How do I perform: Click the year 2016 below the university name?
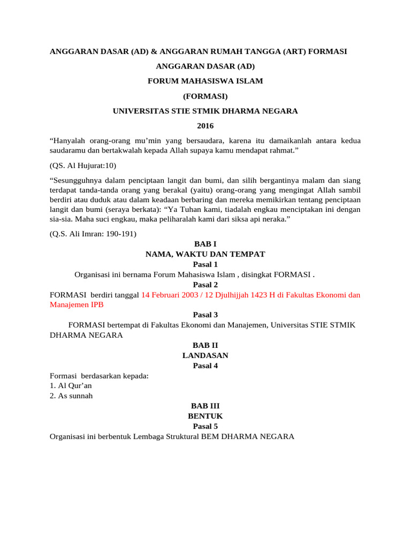tap(205, 126)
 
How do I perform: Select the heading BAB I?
tap(205, 243)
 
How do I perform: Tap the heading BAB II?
tap(205, 345)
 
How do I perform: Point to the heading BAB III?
tap(205, 406)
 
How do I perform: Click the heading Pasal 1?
tap(205, 264)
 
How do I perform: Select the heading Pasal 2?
tap(205, 284)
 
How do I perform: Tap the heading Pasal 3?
tap(205, 315)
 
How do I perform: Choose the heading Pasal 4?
tap(205, 366)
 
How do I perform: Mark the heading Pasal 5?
tap(205, 427)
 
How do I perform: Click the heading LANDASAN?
tap(205, 355)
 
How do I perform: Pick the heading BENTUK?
tap(205, 416)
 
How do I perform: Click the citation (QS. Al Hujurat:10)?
tap(82, 165)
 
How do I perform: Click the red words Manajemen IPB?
tap(77, 305)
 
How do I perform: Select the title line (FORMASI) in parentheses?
tap(205, 96)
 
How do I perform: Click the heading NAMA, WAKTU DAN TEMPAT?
tap(205, 254)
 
